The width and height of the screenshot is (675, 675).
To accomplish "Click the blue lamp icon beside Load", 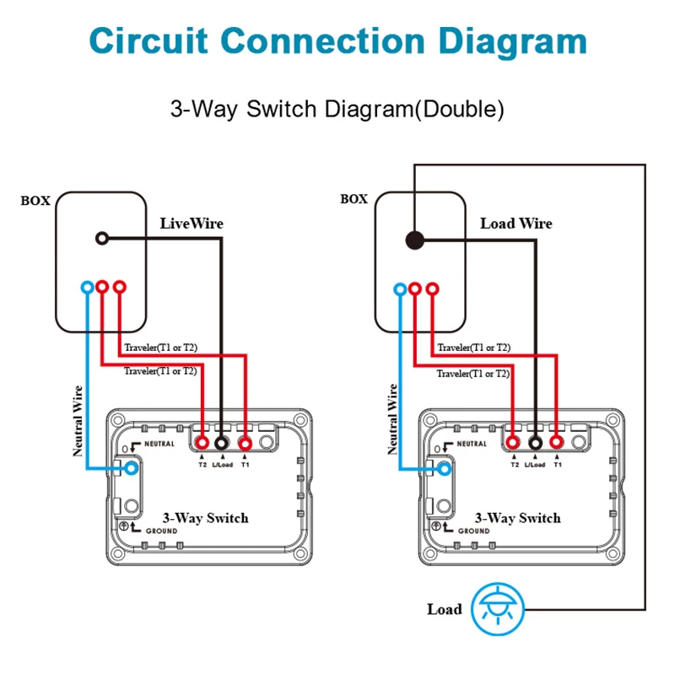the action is pos(498,609).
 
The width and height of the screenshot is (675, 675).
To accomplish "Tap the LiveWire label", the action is pos(192,224).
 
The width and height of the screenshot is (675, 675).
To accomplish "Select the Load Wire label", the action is pos(516,224).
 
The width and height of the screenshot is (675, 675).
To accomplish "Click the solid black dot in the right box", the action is pos(415,240).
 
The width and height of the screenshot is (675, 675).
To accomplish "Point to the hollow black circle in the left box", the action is pos(102,238).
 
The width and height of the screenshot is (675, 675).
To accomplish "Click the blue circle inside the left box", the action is pos(88,287).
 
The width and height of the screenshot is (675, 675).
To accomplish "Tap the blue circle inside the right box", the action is pos(400,289).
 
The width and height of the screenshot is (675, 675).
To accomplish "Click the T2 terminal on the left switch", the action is pos(202,442).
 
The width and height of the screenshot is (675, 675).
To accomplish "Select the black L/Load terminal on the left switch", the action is pos(222,442).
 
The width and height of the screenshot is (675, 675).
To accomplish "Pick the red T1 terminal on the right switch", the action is pos(557,442).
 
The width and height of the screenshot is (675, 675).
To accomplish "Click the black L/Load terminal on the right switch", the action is pos(535,442).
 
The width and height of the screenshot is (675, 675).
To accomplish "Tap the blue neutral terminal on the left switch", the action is pos(132,468).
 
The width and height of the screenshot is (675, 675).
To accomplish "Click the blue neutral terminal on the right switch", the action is pos(445,468).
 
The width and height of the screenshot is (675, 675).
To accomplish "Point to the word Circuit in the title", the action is pos(149,40).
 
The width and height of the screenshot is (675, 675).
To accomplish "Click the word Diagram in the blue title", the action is pos(513,41).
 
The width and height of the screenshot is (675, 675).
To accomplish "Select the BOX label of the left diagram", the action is pos(35,201).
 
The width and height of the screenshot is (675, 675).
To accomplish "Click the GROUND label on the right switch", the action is pos(473,531).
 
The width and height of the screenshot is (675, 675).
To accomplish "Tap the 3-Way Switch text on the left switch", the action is pos(205,518).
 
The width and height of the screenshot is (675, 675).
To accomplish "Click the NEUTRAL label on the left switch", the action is pos(159,444).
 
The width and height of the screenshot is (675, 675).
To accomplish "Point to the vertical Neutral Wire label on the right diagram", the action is pos(392,419).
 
